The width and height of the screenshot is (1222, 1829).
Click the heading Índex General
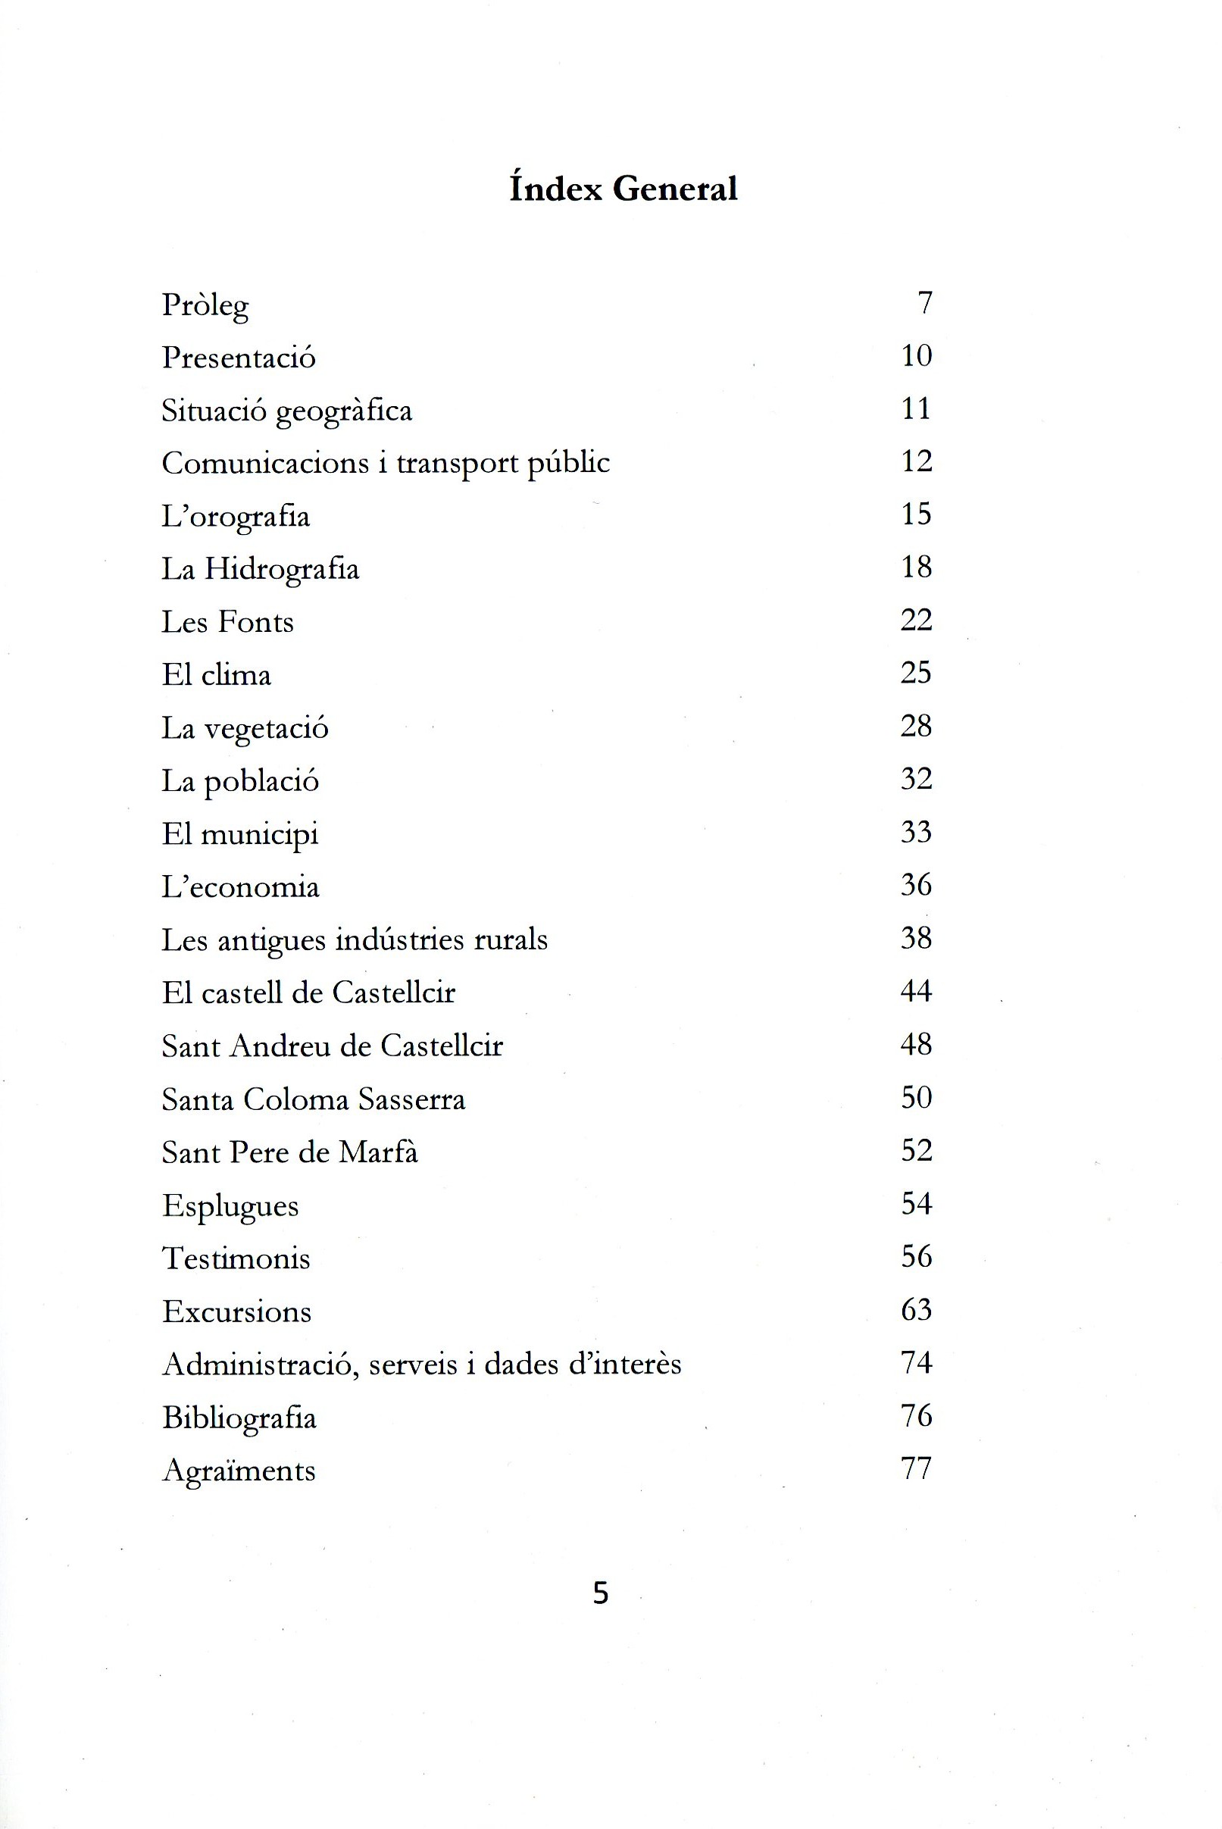tap(623, 189)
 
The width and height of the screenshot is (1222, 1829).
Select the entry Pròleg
tap(205, 305)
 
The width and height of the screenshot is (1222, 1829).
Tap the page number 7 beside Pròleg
tap(925, 302)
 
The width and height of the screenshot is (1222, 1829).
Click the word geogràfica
tap(344, 411)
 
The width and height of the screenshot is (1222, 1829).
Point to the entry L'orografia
tap(236, 517)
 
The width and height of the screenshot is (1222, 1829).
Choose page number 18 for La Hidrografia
tap(917, 567)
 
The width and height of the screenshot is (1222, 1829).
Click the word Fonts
tap(255, 622)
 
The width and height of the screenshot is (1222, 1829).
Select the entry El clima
tap(216, 675)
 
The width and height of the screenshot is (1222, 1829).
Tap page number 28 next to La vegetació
tap(917, 727)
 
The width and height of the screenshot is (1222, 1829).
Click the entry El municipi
tap(240, 835)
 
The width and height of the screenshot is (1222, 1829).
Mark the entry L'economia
tap(240, 886)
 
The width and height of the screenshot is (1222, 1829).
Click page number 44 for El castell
tap(917, 991)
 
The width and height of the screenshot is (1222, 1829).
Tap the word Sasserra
tap(411, 1099)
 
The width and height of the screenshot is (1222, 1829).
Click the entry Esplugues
tap(230, 1206)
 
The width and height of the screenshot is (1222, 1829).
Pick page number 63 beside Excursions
tap(917, 1310)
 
